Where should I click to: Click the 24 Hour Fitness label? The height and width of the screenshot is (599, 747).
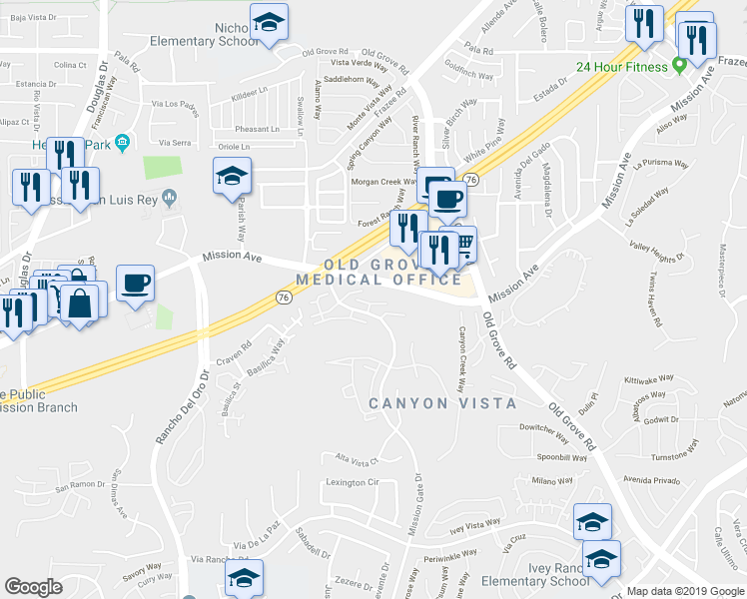pos(622,68)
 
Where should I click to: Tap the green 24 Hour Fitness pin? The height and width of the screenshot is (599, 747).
pos(680,67)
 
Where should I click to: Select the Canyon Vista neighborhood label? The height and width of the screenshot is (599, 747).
pos(442,403)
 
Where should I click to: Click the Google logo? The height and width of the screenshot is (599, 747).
pos(34,587)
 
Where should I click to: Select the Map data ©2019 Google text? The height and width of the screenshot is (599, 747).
pos(684,590)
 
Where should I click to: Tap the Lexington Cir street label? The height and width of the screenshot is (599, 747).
pos(353,482)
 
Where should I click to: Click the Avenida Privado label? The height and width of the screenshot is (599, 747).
pos(651,480)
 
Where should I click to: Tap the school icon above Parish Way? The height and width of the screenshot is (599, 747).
pos(231,178)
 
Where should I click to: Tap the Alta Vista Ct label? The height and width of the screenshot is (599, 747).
pos(357,460)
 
